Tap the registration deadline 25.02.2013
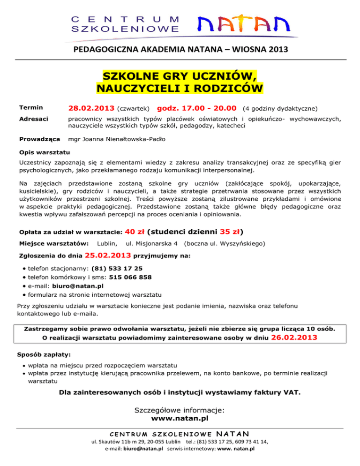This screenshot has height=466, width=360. pyautogui.click(x=108, y=256)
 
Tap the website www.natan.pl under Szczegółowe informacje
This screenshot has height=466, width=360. pyautogui.click(x=180, y=418)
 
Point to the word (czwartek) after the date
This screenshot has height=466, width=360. pyautogui.click(x=134, y=109)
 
